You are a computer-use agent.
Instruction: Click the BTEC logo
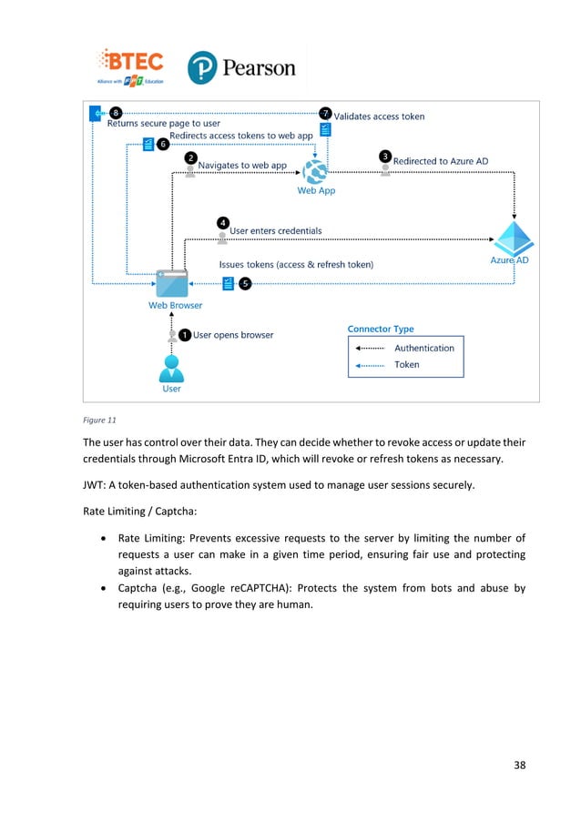tap(133, 66)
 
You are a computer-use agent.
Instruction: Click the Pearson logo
tap(241, 68)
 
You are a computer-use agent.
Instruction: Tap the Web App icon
tap(316, 168)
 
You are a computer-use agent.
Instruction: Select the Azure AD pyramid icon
tap(513, 238)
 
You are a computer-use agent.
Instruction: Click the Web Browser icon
tap(171, 283)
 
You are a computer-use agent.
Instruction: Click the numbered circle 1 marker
tap(185, 335)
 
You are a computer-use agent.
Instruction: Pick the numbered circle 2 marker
tap(190, 157)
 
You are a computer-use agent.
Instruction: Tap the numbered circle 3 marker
tap(385, 157)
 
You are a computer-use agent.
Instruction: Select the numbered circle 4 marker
tap(222, 222)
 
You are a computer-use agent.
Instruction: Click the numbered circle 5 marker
tap(244, 283)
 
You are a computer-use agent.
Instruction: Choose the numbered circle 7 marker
tap(326, 113)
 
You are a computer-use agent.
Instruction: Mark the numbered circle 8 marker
tap(116, 113)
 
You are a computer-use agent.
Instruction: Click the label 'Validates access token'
tap(379, 117)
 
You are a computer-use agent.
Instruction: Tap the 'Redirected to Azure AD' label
tap(440, 161)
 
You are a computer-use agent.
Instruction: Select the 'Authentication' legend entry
tap(423, 348)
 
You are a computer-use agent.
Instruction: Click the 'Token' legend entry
tap(407, 364)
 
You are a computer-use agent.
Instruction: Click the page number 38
tap(519, 765)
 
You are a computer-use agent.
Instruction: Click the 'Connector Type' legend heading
tap(381, 329)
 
